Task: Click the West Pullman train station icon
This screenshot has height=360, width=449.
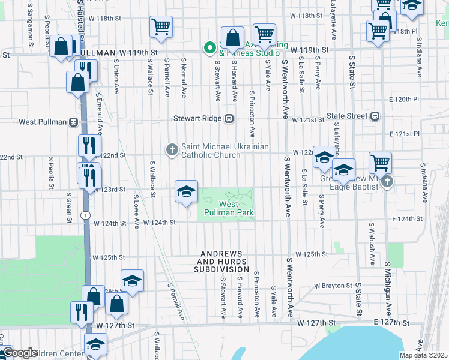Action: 73,122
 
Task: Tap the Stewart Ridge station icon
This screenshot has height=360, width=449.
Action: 229,119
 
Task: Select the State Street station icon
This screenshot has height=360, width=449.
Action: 375,116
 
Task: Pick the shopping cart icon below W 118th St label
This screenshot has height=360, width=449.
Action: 161,26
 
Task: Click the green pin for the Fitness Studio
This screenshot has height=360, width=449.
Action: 210,46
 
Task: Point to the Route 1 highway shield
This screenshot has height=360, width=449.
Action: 87,214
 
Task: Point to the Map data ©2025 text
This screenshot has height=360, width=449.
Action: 424,356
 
